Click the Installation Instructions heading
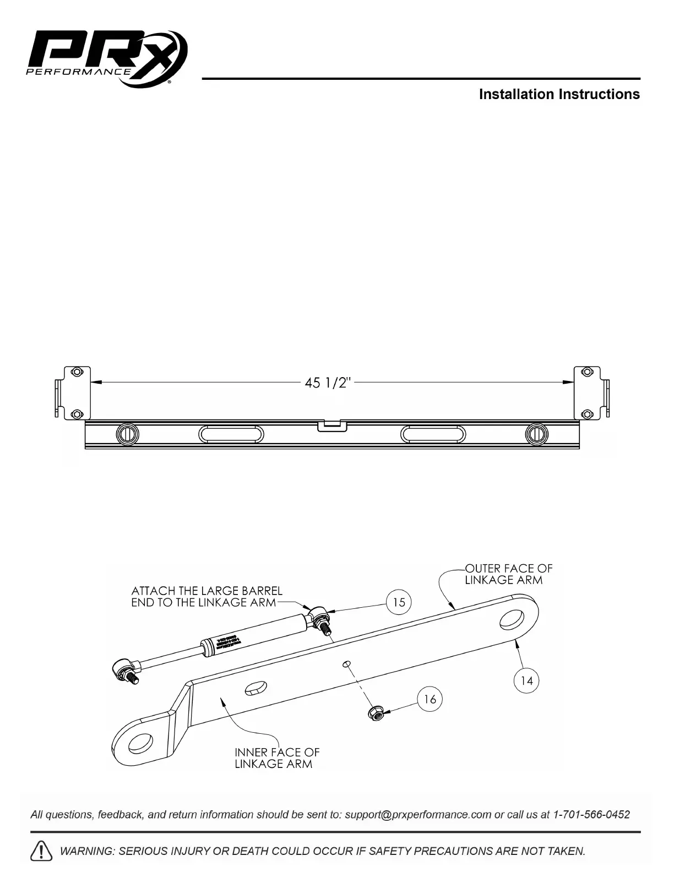(559, 94)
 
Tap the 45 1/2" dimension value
(327, 383)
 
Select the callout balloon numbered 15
(399, 602)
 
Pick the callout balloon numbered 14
(527, 681)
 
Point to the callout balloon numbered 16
(430, 699)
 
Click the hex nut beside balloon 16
(376, 713)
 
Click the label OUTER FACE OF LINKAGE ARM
(508, 574)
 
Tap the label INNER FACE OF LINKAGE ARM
(277, 758)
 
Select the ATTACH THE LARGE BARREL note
(206, 597)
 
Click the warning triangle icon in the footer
(42, 851)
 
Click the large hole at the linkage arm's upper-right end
(513, 619)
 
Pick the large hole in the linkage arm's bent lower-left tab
(140, 744)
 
